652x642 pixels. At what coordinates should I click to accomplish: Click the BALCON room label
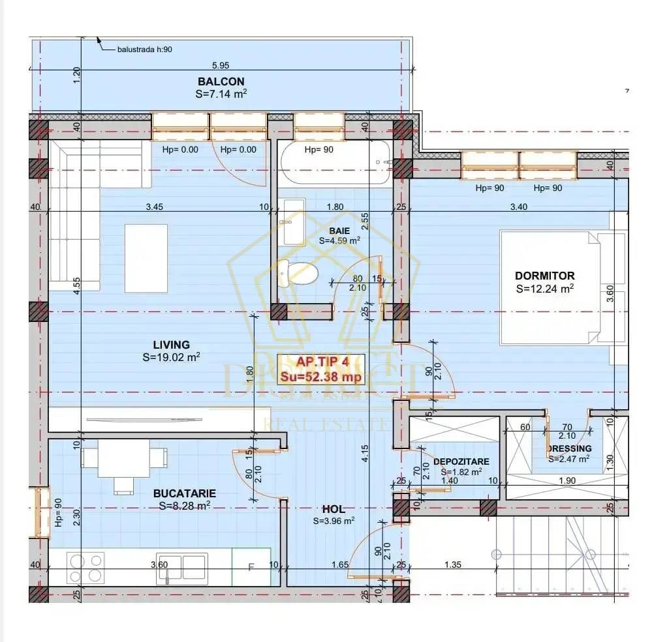(x=221, y=81)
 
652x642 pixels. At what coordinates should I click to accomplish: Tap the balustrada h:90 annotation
(x=144, y=49)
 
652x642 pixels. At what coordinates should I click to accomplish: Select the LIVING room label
(x=171, y=345)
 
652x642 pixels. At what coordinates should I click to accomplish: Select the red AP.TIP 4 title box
(x=321, y=369)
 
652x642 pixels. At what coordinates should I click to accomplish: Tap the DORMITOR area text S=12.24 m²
(x=544, y=288)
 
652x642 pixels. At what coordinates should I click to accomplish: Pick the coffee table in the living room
(x=146, y=258)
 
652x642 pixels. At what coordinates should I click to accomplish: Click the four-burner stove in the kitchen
(x=86, y=567)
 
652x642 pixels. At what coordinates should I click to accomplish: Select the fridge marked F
(x=251, y=567)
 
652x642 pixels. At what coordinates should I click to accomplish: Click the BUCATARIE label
(x=184, y=493)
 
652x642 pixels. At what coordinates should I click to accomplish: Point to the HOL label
(x=333, y=509)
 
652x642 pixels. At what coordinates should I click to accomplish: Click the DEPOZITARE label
(x=461, y=461)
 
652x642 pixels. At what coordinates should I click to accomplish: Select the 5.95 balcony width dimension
(x=221, y=65)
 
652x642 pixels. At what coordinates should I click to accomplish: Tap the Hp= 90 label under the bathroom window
(x=319, y=149)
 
